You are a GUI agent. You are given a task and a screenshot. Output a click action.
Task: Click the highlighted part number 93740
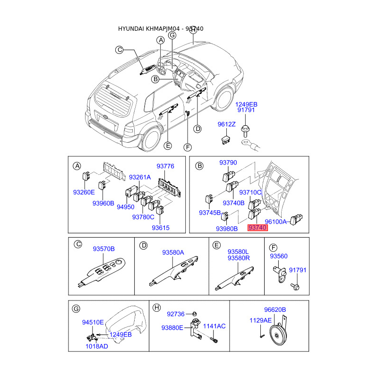click(x=258, y=228)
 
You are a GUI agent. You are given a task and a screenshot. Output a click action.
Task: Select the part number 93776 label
click(x=165, y=166)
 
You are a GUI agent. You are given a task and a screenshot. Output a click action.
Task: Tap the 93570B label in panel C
click(x=103, y=249)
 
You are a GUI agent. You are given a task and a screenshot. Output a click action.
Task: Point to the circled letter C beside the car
click(x=120, y=50)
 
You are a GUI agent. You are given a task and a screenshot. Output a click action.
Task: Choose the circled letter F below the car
click(x=187, y=147)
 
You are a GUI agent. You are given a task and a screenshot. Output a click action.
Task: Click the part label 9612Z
click(x=226, y=124)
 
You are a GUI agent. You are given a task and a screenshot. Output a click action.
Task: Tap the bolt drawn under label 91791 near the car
click(x=245, y=130)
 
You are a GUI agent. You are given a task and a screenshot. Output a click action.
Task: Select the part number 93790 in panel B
click(x=228, y=163)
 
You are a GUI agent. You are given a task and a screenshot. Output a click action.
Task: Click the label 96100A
click(x=275, y=222)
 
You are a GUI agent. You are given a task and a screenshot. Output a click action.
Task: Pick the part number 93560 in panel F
click(x=279, y=256)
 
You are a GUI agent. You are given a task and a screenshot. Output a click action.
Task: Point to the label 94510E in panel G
click(x=93, y=322)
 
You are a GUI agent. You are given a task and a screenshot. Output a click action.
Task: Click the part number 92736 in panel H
click(x=176, y=314)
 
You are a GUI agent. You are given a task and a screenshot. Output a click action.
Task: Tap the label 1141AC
click(x=215, y=326)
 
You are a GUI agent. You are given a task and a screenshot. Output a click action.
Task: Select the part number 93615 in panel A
click(x=161, y=228)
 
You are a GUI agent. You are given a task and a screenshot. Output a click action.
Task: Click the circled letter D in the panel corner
click(x=144, y=246)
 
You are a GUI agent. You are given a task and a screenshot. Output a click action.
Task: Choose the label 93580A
click(x=173, y=252)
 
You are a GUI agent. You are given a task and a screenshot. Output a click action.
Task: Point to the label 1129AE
click(x=260, y=320)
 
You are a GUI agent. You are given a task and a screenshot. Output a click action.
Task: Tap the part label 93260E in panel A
click(x=84, y=192)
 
